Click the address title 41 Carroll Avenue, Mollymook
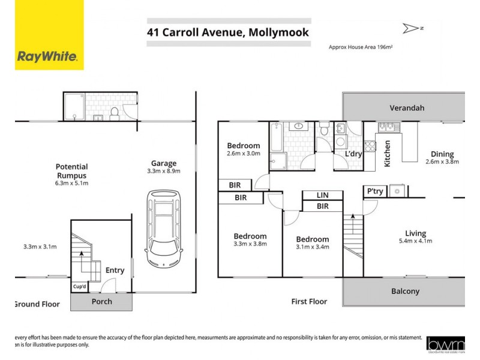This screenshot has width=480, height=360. pos(228,32)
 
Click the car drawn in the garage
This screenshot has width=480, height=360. pos(163,229)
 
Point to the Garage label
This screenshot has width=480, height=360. pos(163,163)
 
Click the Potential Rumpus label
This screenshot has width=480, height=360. pos(71,171)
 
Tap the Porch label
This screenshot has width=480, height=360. pos(101,301)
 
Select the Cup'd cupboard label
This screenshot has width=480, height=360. pos(80,286)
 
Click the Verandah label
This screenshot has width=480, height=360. pos(407,108)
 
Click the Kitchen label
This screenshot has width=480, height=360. pos(388,153)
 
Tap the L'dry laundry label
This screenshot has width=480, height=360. pos(353,154)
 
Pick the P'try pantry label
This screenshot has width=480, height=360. pos(374,191)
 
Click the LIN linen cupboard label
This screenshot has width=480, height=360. pos(322,195)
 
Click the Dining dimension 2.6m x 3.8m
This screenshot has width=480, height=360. pos(442,161)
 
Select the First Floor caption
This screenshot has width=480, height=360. pos(309,302)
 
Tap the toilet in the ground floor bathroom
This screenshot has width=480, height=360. pos(114,112)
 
